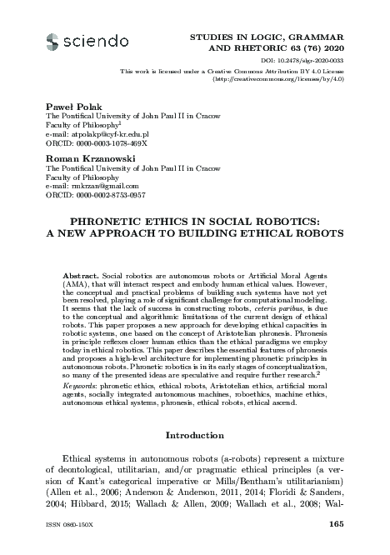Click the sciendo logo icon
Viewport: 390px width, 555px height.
pyautogui.click(x=54, y=41)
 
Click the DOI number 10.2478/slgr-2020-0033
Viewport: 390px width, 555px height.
pyautogui.click(x=320, y=61)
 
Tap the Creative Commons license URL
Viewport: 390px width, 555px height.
pyautogui.click(x=295, y=79)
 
